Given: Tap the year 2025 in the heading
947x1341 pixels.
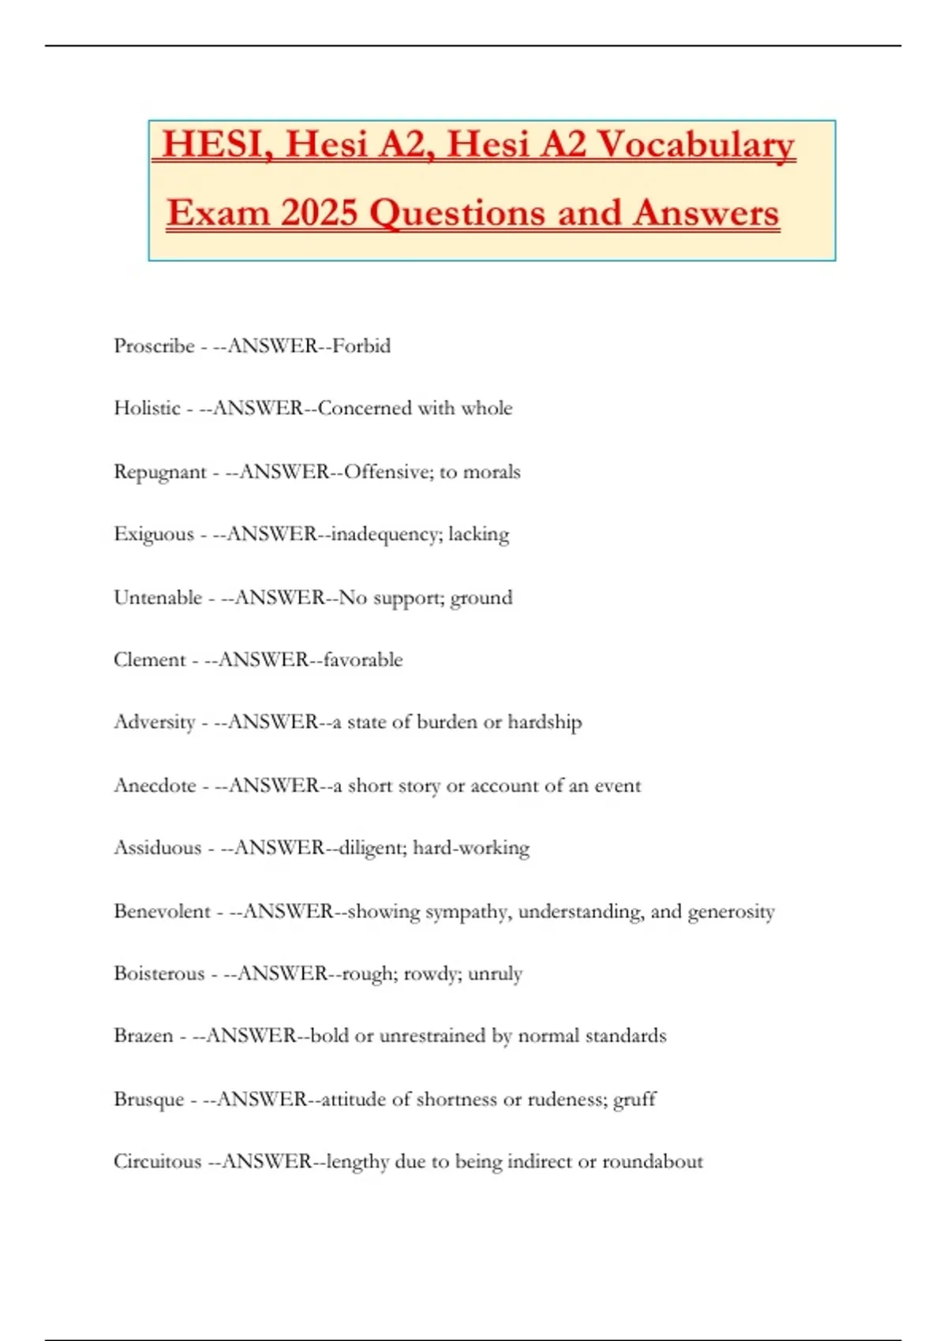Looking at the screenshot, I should point(319,213).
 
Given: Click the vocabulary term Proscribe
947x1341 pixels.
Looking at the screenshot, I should point(154,346).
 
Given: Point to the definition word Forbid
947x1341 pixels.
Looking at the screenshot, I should point(361,346).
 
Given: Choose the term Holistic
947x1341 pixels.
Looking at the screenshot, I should point(147,409).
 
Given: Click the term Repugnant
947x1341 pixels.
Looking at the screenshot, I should point(159,473).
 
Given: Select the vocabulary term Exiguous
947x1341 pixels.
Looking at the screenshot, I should point(154,535).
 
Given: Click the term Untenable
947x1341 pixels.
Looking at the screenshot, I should point(158,598).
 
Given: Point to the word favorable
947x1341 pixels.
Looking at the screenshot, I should point(363,659).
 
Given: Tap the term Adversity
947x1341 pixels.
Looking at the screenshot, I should point(155,723).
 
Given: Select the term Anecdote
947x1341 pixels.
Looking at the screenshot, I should point(155,786).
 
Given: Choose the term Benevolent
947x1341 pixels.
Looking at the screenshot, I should point(162,911).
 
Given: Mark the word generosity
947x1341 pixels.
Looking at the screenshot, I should point(731,912).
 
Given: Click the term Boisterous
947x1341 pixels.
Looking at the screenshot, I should point(159,973).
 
